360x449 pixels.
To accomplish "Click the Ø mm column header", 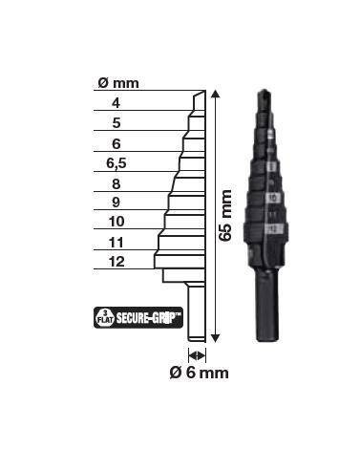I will pos(118,83).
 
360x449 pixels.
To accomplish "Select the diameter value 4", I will pos(116,103).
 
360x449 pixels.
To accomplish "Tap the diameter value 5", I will pos(116,123).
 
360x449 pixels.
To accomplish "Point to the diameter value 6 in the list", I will pos(116,143).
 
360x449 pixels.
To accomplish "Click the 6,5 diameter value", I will pos(116,163).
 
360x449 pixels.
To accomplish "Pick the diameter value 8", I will pos(116,183).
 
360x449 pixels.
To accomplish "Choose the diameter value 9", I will pos(116,203).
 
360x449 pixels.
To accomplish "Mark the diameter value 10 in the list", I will pos(116,223).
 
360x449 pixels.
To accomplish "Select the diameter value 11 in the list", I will pos(116,243).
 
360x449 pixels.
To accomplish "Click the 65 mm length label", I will pos(227,217).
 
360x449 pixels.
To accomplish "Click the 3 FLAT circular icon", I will pos(104,315).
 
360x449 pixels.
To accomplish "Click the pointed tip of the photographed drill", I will pos(265,94).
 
